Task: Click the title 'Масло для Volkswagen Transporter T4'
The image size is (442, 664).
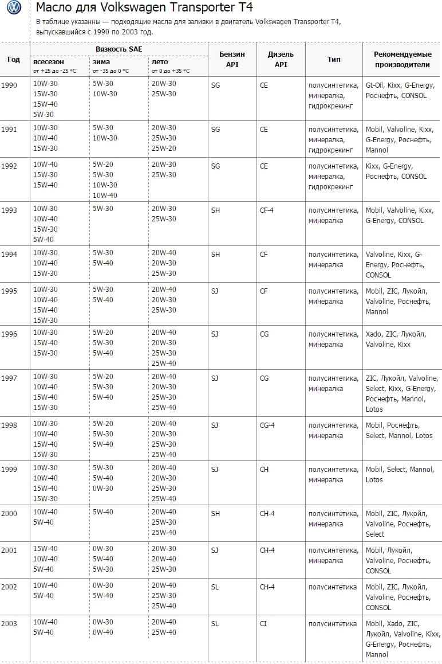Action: (144, 7)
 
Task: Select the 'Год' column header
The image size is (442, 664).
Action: (14, 59)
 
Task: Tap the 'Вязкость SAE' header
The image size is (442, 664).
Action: (119, 49)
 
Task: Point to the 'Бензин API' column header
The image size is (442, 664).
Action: (232, 59)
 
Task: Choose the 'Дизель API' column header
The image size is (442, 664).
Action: (281, 59)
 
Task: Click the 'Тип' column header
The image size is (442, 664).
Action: (334, 59)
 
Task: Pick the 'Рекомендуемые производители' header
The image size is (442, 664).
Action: (402, 59)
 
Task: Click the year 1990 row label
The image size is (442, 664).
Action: (9, 85)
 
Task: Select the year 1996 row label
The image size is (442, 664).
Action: (9, 334)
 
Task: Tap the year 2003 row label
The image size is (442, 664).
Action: (9, 623)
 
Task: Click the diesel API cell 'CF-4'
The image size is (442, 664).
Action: (266, 210)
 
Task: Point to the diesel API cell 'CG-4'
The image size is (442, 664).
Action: (267, 425)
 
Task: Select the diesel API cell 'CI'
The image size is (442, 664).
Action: (263, 623)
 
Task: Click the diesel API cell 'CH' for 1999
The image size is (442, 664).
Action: (264, 469)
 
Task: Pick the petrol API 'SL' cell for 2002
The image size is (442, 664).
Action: (215, 586)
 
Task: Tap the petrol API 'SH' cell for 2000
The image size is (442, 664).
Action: (215, 513)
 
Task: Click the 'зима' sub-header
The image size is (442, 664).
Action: (101, 61)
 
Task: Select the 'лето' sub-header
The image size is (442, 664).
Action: (159, 61)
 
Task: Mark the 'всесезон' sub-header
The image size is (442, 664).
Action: (49, 61)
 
